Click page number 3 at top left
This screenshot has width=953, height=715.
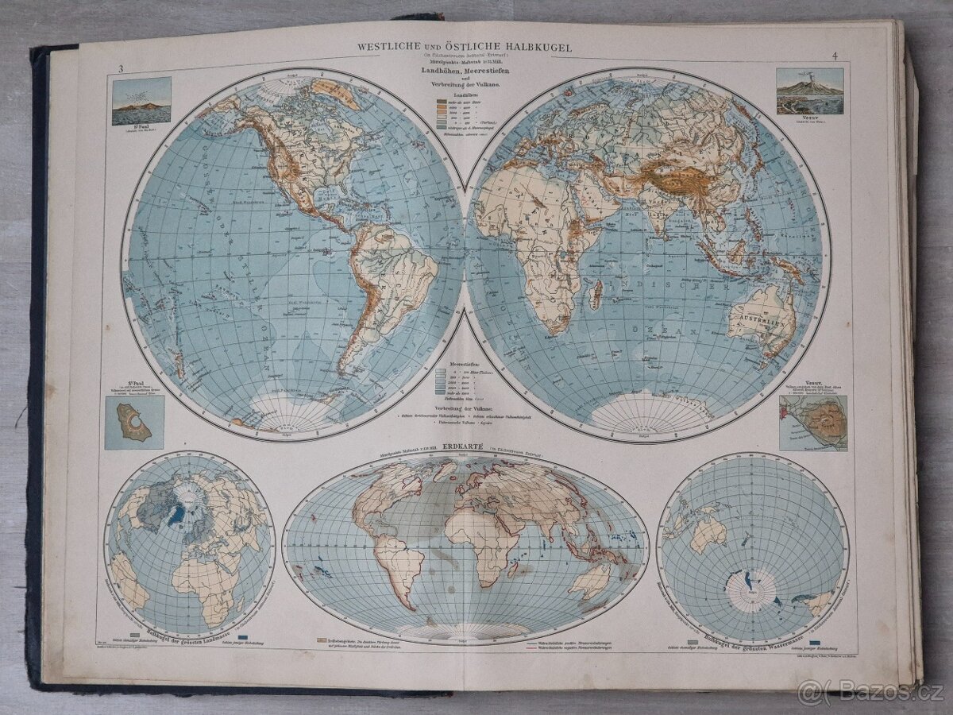click(120, 69)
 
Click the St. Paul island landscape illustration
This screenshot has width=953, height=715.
click(141, 101)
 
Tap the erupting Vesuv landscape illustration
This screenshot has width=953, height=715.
click(809, 92)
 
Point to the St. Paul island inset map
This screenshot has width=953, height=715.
click(134, 423)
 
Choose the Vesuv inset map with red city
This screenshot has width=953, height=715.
click(812, 423)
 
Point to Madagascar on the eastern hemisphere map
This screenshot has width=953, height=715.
click(596, 294)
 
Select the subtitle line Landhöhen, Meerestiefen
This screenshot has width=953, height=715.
click(465, 74)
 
